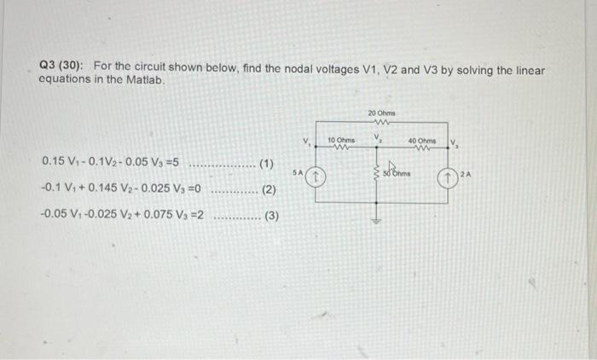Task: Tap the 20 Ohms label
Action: pos(382,113)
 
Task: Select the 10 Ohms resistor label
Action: pos(340,140)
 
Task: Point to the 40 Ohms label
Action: pos(421,140)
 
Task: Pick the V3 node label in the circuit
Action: pos(454,142)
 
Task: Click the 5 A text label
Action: pos(297,172)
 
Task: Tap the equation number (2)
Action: pos(267,189)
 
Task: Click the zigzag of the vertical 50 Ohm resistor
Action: pos(376,173)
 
